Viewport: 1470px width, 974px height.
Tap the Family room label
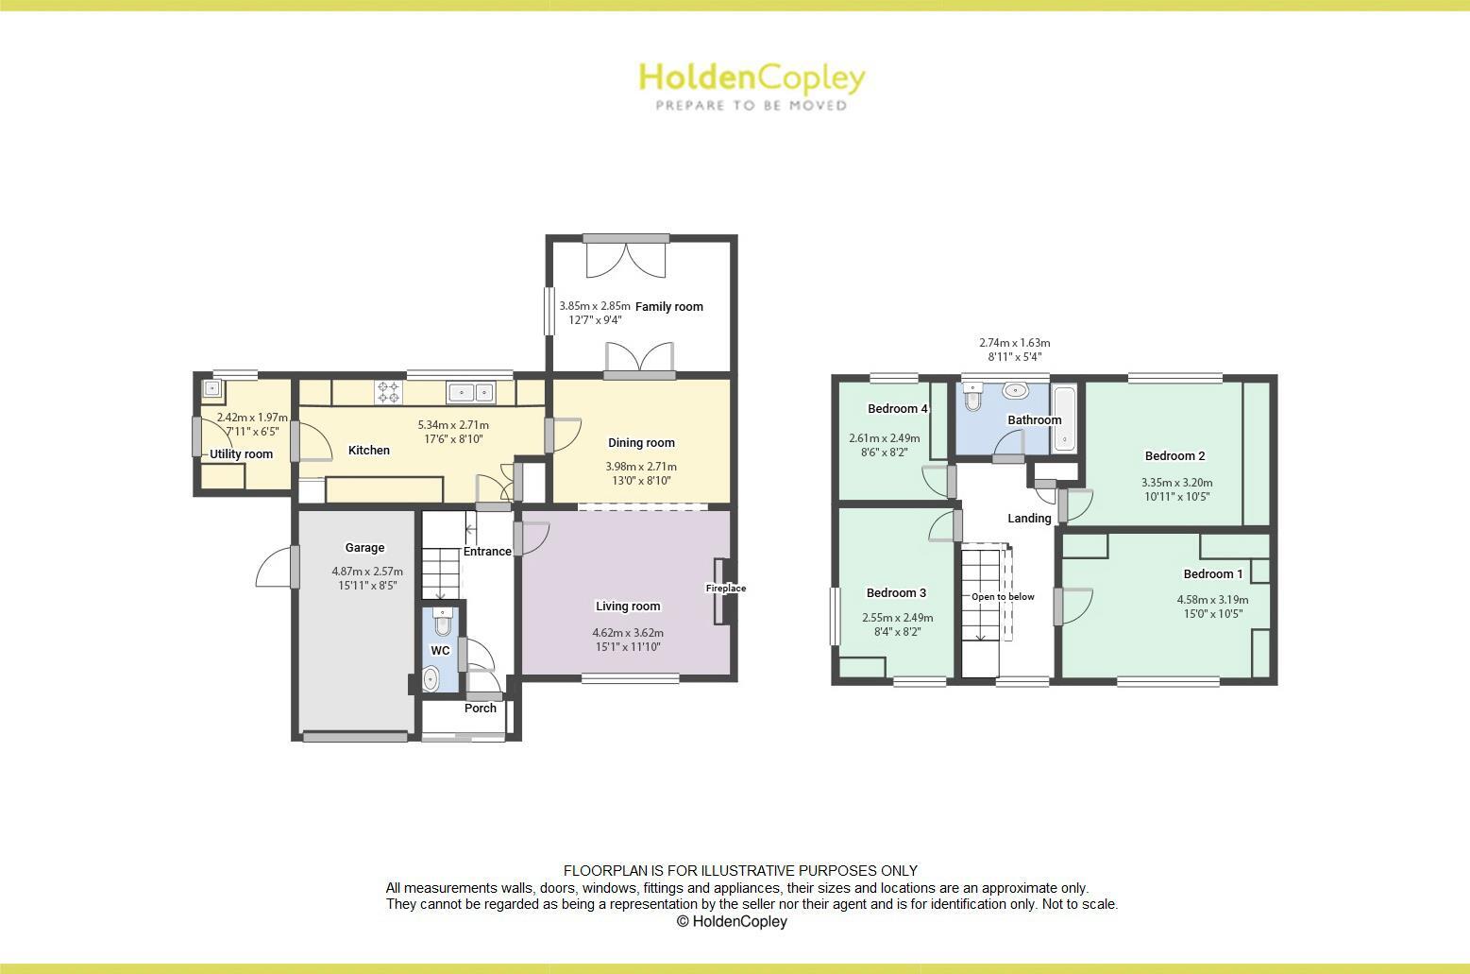[x=668, y=306]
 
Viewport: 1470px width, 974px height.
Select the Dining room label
[x=641, y=442]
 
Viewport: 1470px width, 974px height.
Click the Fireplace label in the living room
[x=726, y=589]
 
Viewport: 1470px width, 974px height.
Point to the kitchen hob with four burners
[x=388, y=391]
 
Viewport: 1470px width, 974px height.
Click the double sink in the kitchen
[x=470, y=391]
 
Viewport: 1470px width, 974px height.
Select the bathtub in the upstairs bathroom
[x=1065, y=417]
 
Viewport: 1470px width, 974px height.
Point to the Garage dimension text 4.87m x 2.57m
[x=367, y=572]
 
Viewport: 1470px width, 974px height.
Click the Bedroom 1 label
[x=1213, y=573]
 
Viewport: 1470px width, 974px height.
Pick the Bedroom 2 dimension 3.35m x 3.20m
[x=1176, y=482]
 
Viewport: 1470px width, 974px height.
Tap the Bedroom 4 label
[x=898, y=409]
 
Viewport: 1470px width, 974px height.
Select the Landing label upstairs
[x=1029, y=518]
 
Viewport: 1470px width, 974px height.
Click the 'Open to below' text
[x=1003, y=597]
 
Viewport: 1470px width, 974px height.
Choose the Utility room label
[x=241, y=454]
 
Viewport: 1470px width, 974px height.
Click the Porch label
[x=481, y=708]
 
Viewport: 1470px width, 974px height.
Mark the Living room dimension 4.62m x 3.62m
[x=628, y=633]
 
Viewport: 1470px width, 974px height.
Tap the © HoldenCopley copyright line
[x=732, y=921]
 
